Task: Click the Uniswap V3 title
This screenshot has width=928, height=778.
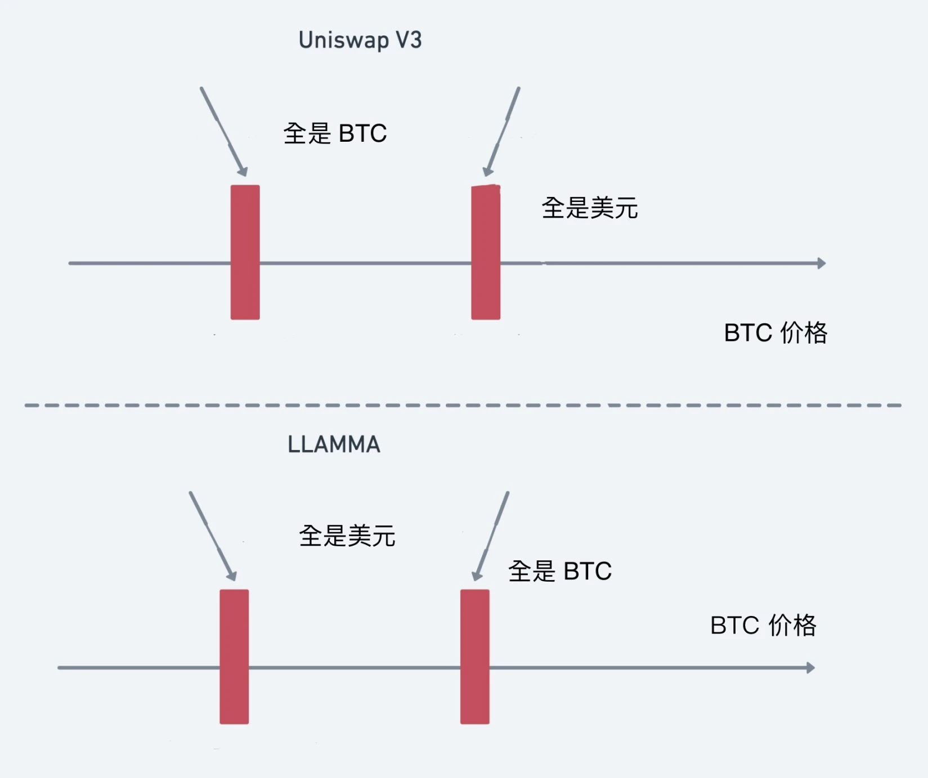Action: click(360, 41)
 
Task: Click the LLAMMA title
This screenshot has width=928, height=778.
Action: click(334, 444)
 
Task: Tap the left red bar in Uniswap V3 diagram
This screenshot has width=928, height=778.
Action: click(245, 252)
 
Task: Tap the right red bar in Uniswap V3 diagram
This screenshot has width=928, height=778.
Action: click(486, 252)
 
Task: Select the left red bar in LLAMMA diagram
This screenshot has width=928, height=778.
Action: click(234, 656)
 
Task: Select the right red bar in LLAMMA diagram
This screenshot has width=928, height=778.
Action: click(474, 656)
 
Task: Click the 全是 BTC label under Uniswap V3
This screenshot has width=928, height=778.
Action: click(335, 134)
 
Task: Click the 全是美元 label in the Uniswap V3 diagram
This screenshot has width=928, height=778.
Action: click(589, 208)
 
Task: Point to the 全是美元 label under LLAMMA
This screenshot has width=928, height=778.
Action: click(347, 536)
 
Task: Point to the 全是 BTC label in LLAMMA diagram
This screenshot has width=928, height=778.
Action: click(559, 572)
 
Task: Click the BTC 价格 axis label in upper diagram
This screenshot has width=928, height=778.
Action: click(775, 332)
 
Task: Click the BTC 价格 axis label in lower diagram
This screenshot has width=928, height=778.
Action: click(763, 625)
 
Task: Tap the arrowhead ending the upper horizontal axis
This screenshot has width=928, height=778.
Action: click(821, 263)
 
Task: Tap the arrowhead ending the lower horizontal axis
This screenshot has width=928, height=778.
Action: click(810, 668)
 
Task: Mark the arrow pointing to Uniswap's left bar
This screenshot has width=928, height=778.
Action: click(223, 132)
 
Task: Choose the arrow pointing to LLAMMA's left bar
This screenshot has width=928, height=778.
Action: click(212, 536)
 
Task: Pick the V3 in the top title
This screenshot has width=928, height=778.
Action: click(408, 41)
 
